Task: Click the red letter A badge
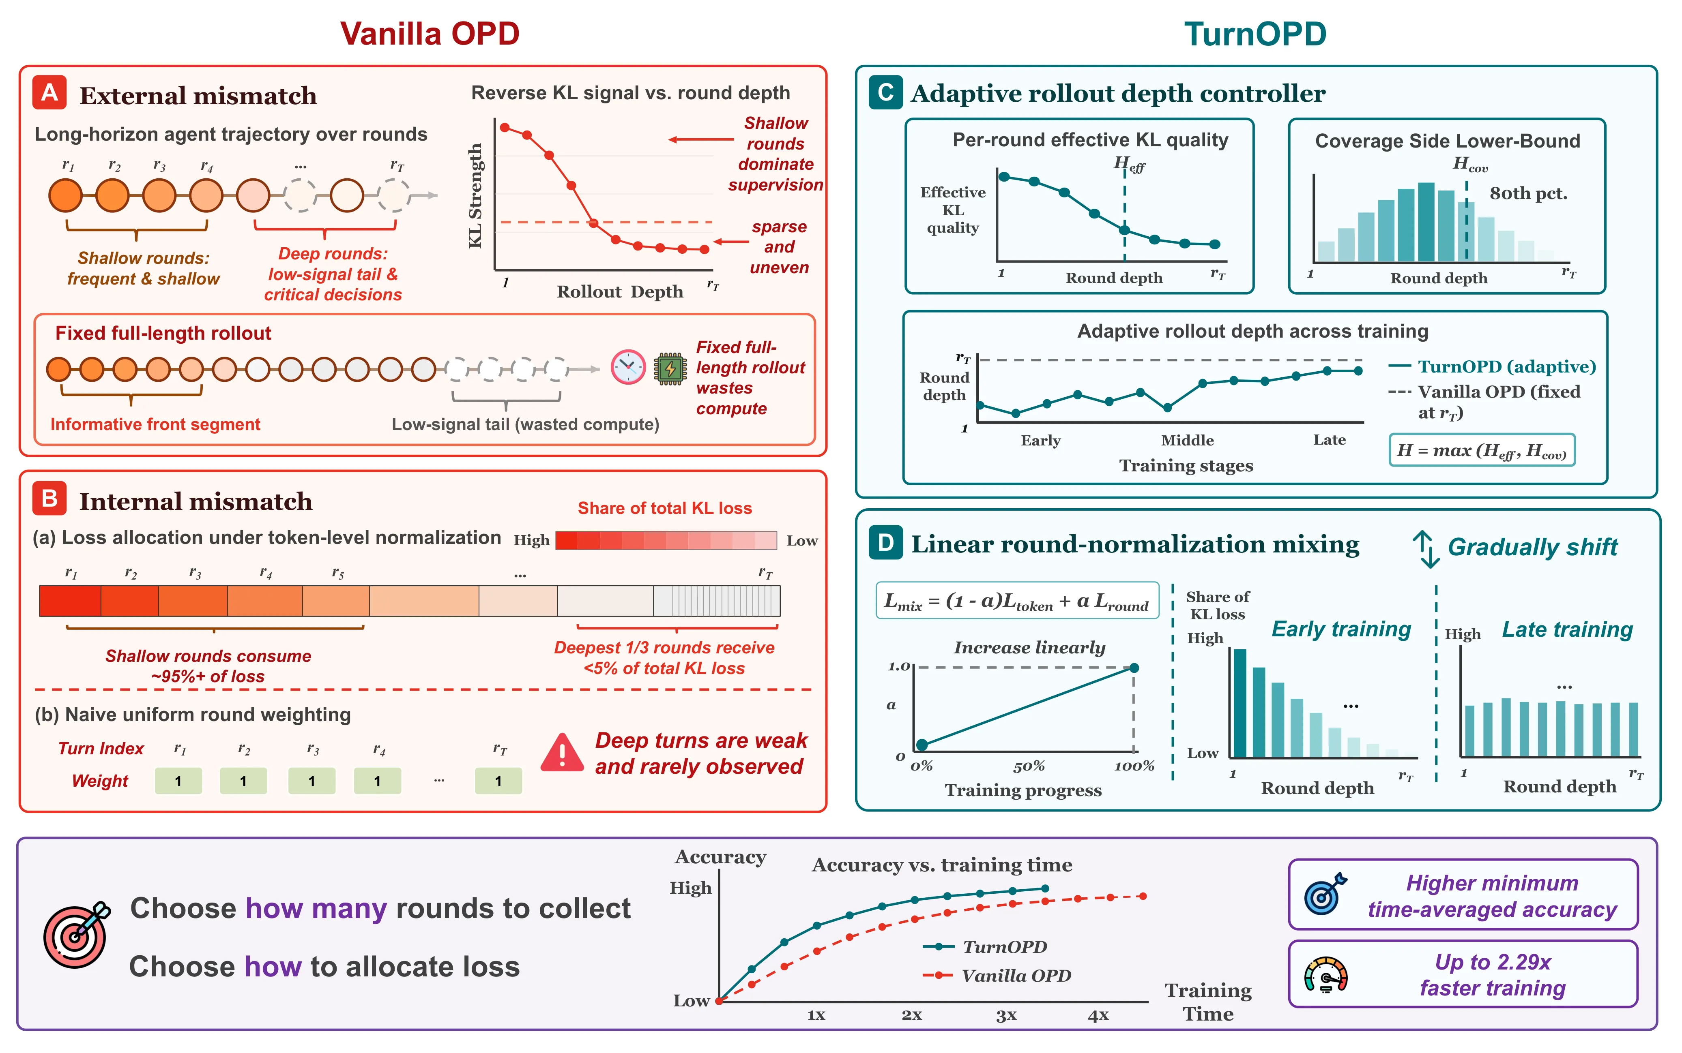49,93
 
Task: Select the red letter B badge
49,499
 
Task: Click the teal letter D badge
885,543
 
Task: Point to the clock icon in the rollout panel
628,367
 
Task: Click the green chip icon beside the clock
670,368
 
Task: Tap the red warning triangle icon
562,753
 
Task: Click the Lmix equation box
1016,600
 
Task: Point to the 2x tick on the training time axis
911,1014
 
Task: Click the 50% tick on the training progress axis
1029,766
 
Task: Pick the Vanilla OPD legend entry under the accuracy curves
997,976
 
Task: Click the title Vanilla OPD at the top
430,33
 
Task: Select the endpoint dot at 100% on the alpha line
1134,668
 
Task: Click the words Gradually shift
1532,548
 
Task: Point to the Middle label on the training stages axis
1187,440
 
